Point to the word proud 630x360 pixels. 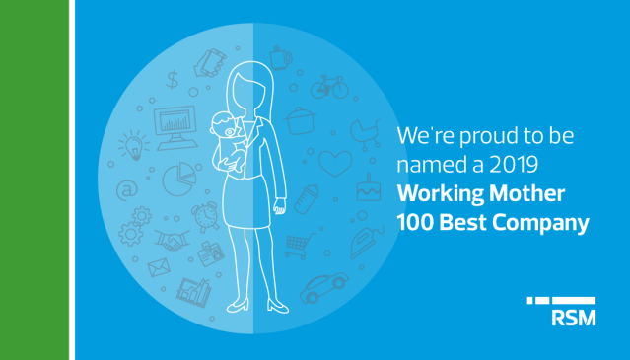475,133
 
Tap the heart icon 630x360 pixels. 335,161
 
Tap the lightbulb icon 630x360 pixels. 132,145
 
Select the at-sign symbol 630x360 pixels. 126,188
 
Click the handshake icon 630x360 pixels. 174,240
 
